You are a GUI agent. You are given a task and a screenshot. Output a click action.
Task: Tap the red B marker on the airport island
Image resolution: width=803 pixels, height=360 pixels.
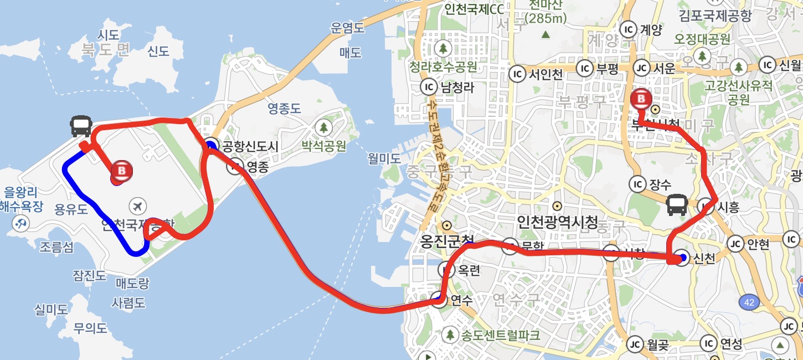coord(122,171)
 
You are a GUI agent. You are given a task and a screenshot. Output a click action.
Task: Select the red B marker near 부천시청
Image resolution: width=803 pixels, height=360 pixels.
coord(642,100)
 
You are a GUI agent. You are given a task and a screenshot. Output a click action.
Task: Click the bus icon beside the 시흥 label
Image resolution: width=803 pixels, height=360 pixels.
coord(677,205)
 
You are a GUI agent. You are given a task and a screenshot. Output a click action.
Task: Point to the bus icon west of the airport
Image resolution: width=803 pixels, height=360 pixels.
coord(81,127)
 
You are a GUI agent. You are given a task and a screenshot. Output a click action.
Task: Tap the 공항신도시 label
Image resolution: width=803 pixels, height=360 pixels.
coord(250,147)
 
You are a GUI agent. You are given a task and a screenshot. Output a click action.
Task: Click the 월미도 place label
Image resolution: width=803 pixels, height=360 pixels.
coord(384,158)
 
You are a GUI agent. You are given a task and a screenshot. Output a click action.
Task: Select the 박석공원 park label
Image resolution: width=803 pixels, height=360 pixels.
coord(324,146)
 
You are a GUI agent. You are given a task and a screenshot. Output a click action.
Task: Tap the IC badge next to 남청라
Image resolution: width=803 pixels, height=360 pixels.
coord(429,87)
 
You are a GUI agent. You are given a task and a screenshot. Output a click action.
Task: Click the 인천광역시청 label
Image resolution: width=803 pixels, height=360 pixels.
coord(557,222)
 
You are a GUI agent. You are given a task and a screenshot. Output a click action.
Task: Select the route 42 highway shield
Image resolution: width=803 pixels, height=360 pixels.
coord(750,302)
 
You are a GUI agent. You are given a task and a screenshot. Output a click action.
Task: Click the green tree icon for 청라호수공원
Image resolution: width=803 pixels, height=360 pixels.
coord(442,48)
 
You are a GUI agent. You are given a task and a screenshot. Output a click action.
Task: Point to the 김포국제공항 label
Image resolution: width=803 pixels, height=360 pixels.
coord(715,15)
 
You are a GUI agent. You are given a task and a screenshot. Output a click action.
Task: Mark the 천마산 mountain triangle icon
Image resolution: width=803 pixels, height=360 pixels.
coord(546,34)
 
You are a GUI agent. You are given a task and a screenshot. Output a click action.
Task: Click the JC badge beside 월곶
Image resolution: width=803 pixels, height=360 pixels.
coord(635,344)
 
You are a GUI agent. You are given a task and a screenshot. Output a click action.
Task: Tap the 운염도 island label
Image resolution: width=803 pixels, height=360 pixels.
coord(347,28)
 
